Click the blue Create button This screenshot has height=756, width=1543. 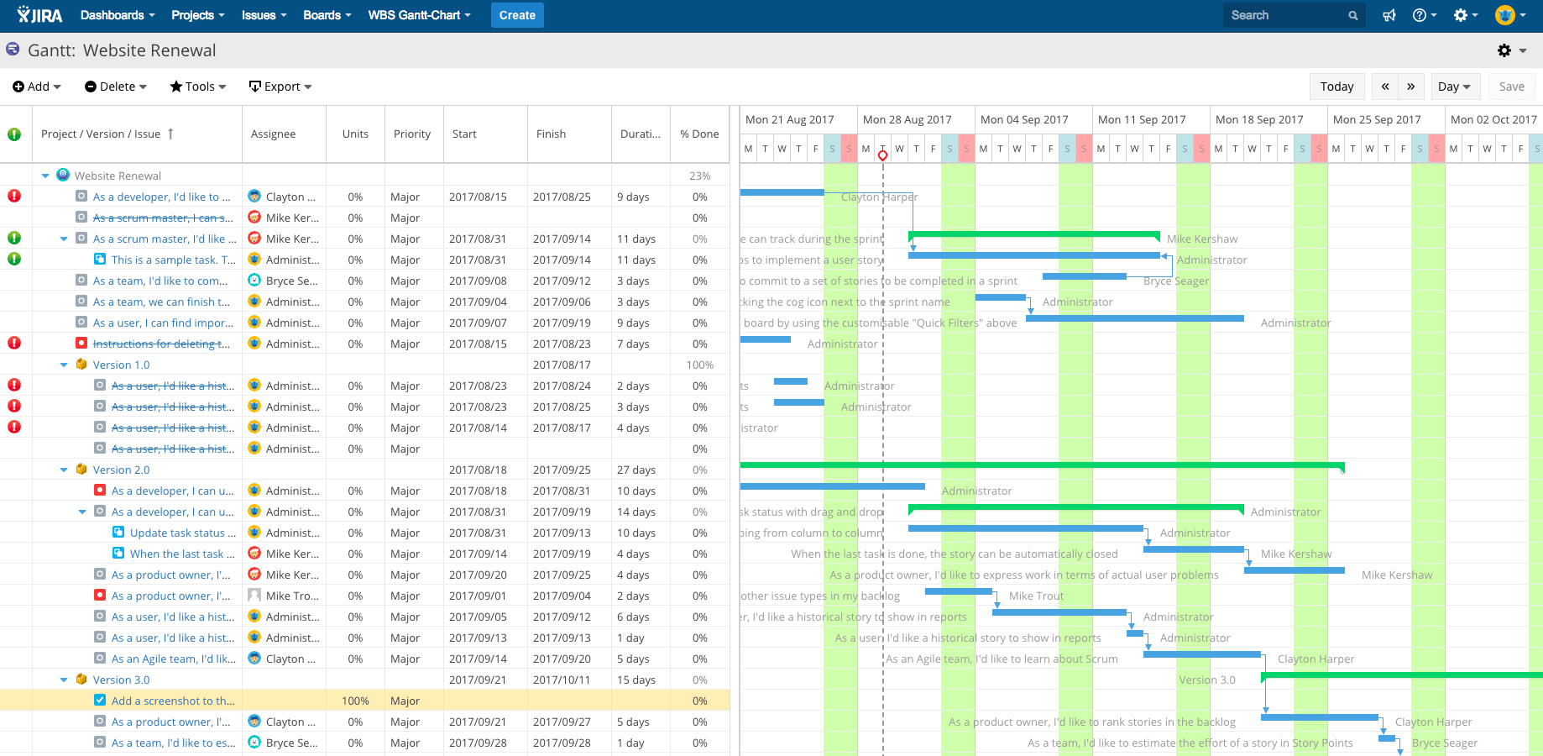click(517, 15)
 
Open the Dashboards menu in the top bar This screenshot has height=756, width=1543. click(117, 15)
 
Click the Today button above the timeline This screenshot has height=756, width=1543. click(1336, 87)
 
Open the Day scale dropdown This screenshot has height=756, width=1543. click(1453, 87)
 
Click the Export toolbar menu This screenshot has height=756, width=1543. click(280, 87)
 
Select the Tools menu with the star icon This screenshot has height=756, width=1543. click(198, 87)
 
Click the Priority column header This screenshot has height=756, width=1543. click(412, 134)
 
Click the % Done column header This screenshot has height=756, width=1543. click(699, 134)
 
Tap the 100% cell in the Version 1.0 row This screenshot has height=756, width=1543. click(699, 365)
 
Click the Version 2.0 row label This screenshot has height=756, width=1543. click(121, 470)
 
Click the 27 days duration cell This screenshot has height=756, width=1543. click(636, 470)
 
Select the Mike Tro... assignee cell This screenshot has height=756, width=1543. click(291, 596)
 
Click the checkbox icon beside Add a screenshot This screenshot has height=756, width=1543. click(100, 701)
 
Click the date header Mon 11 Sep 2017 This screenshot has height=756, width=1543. click(1142, 119)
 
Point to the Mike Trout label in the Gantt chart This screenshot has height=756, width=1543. click(1036, 596)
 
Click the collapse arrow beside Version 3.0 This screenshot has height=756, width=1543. click(64, 680)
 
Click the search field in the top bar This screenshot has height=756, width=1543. click(1285, 15)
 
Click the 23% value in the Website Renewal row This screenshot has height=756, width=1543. click(699, 176)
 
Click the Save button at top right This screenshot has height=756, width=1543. click(1511, 87)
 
